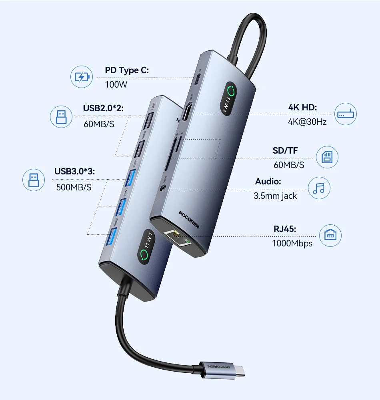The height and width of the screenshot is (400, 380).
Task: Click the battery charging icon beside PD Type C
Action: click(x=82, y=77)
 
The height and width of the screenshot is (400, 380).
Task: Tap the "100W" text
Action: click(x=116, y=85)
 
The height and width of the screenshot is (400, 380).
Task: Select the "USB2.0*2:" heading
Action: click(x=104, y=108)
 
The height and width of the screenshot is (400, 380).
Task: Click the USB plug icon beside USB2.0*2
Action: click(x=61, y=117)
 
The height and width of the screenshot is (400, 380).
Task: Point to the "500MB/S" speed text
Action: click(x=74, y=187)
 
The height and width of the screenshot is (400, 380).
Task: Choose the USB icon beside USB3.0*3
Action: click(x=34, y=179)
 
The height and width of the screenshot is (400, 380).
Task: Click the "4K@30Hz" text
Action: click(x=307, y=122)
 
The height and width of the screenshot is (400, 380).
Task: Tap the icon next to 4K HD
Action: click(x=345, y=114)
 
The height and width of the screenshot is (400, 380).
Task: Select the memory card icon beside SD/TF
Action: click(x=327, y=157)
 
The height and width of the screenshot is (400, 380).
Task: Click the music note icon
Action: click(x=319, y=188)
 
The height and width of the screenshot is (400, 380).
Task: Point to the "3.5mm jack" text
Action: click(x=275, y=196)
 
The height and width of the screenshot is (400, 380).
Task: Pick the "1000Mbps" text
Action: click(x=292, y=243)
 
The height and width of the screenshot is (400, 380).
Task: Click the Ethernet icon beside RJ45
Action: click(x=330, y=235)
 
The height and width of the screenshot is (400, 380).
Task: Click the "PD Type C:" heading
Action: click(x=127, y=71)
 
